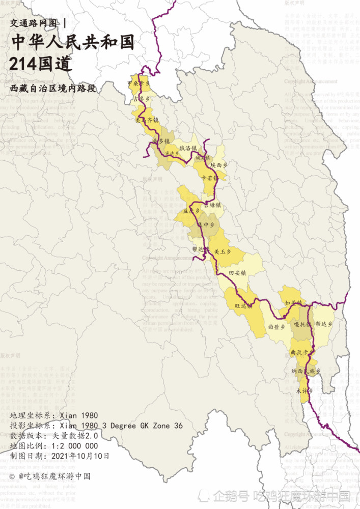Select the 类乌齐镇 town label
coord(147,121)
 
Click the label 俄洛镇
coord(188,148)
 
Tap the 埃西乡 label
coord(219,165)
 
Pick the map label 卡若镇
coord(210,178)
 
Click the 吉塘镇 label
coord(212,205)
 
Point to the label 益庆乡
coord(189,210)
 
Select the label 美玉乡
coord(223,251)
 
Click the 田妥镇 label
coord(237,273)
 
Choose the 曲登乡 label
coord(276,327)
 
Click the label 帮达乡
coord(324,323)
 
